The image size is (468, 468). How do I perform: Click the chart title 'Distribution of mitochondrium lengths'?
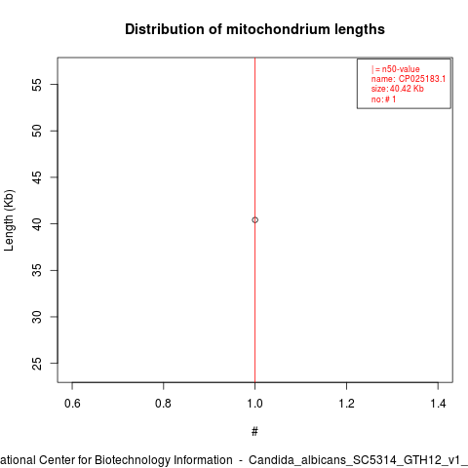click(x=254, y=29)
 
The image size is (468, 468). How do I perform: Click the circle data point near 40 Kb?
click(x=254, y=220)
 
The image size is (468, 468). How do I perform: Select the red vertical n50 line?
click(x=254, y=220)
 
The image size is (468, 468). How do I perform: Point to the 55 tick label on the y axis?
click(x=37, y=85)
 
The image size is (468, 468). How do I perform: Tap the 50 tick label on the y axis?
click(x=37, y=131)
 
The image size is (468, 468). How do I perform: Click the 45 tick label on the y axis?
click(x=37, y=177)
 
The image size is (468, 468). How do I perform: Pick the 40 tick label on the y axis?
click(x=37, y=224)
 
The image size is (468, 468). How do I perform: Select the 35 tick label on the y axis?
click(x=37, y=270)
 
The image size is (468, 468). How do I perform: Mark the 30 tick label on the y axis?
click(x=37, y=317)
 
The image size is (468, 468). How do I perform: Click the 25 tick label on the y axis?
click(x=37, y=364)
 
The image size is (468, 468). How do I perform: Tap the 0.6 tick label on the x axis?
click(x=72, y=404)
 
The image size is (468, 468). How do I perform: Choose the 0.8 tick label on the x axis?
click(x=163, y=404)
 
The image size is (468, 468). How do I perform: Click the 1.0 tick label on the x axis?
click(x=254, y=404)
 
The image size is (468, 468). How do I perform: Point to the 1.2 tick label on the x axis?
click(x=346, y=404)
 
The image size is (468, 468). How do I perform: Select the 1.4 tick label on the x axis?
click(x=438, y=404)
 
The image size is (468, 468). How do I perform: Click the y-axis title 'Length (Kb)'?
click(x=9, y=220)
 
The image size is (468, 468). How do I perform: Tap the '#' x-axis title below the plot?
click(x=254, y=431)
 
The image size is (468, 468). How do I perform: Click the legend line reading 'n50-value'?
click(x=396, y=69)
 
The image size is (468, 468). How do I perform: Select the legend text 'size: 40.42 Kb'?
click(x=398, y=89)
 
